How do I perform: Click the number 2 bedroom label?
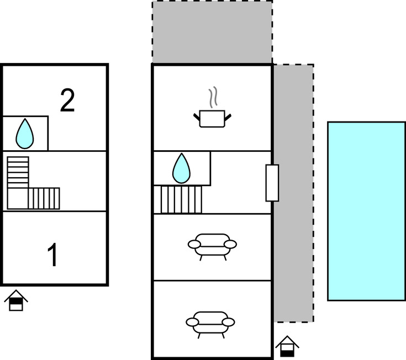tap(67, 100)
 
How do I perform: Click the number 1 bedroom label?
tap(52, 255)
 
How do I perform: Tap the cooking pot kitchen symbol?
tap(212, 119)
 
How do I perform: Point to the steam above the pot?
tap(213, 97)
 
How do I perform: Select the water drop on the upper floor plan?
tap(25, 134)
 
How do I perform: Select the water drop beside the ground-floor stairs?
tap(182, 168)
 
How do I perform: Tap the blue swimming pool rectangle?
tap(366, 211)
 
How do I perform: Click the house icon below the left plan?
tap(16, 300)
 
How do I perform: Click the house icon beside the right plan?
tap(287, 346)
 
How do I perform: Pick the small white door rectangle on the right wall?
tap(272, 183)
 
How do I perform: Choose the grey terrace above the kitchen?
tap(212, 32)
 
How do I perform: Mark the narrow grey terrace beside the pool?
tap(294, 193)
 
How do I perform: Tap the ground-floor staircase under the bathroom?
tap(178, 199)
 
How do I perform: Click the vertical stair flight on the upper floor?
tap(18, 172)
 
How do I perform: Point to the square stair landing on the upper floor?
tap(18, 199)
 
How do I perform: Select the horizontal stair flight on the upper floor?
tap(44, 199)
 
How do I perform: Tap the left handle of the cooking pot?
tap(197, 117)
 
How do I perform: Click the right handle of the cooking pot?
tap(228, 117)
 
